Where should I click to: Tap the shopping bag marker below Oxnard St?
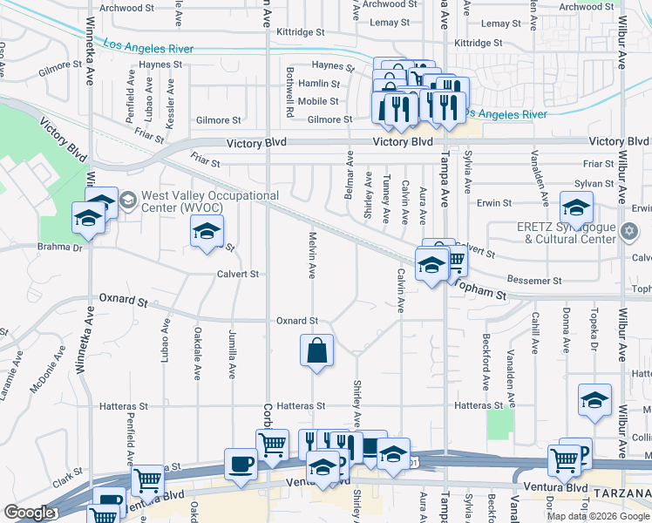[316, 351]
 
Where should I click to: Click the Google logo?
[28, 513]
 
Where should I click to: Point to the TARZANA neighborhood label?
[622, 494]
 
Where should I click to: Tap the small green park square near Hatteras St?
[499, 423]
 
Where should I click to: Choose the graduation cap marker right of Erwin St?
[576, 209]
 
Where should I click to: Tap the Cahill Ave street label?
[535, 332]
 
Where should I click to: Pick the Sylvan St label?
[597, 183]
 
